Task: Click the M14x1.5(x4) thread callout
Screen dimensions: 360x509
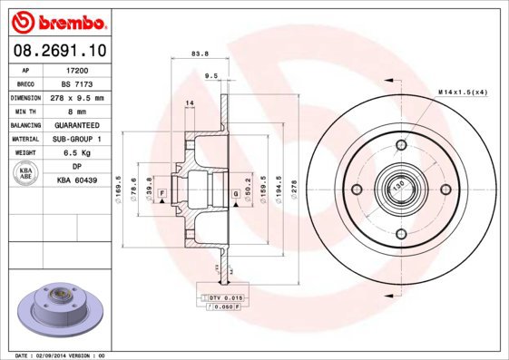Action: (463, 92)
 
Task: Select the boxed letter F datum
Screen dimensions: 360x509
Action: (162, 194)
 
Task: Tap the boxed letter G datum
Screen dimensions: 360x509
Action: (235, 194)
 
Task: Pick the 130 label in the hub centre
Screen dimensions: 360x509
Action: (397, 189)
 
